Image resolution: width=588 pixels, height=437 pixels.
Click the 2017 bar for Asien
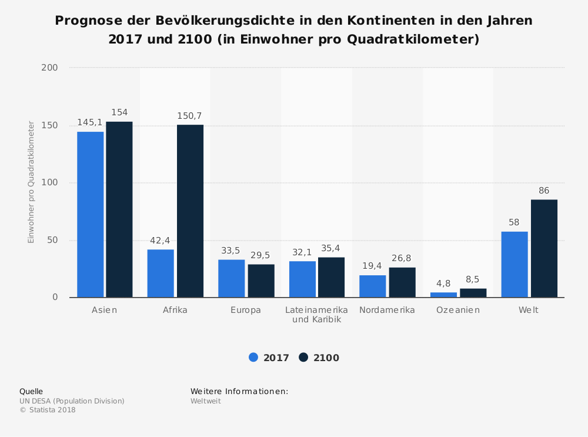[90, 214]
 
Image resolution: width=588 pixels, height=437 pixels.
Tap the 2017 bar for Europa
[231, 278]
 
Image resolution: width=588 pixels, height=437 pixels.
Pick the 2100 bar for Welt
[544, 248]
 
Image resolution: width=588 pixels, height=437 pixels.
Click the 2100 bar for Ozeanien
[473, 292]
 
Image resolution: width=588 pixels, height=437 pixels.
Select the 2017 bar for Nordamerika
[372, 286]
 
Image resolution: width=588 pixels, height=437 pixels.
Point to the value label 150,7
[190, 116]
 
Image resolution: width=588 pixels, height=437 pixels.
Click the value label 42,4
[161, 240]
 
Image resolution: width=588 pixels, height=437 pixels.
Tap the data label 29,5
[260, 255]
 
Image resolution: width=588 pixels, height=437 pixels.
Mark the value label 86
[544, 191]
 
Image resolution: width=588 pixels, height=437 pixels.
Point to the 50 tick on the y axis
[52, 240]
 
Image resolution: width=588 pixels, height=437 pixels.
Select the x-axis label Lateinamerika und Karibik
[316, 315]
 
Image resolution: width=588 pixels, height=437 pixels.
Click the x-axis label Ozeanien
[458, 310]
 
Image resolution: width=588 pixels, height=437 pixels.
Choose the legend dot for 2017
[254, 357]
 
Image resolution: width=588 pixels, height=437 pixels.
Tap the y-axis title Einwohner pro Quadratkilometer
[31, 182]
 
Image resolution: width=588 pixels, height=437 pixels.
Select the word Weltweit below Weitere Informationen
[205, 401]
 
